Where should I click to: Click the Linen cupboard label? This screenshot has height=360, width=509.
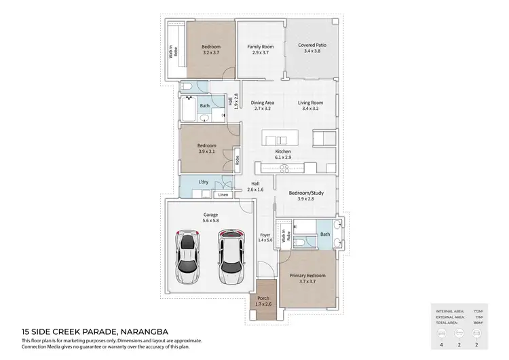click(x=223, y=195)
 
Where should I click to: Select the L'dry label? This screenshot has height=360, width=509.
click(x=203, y=183)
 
